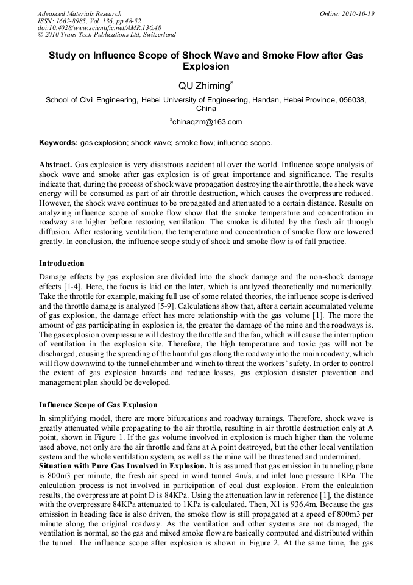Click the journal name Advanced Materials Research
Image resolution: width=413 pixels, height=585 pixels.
[x=79, y=13]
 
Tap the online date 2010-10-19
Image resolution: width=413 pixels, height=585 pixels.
[x=359, y=13]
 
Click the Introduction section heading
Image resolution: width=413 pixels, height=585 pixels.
[x=62, y=264]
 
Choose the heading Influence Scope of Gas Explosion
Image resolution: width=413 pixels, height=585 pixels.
[x=98, y=405]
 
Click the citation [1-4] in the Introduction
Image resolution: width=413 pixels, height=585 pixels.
[x=83, y=286]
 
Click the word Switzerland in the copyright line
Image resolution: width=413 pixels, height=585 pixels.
[x=156, y=35]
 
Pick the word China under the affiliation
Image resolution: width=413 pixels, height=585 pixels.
[x=206, y=109]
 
